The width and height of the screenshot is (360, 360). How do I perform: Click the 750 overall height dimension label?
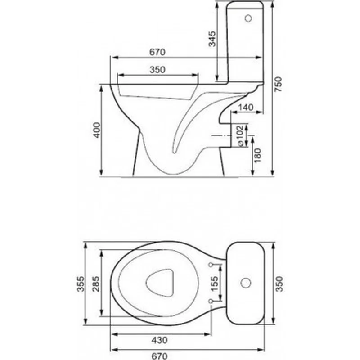click(x=278, y=84)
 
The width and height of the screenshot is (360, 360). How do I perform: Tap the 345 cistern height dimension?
click(x=212, y=39)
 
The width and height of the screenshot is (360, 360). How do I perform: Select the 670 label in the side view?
click(x=157, y=52)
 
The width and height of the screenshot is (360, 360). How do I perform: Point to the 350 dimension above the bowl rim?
click(x=157, y=70)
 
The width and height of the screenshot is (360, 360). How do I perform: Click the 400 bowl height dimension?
click(x=96, y=130)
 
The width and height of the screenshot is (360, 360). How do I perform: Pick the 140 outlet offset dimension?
click(x=246, y=107)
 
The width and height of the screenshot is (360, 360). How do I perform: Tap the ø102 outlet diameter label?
click(x=240, y=136)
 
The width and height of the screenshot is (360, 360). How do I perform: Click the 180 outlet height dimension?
click(x=257, y=155)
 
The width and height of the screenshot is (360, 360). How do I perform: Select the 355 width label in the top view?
click(x=81, y=284)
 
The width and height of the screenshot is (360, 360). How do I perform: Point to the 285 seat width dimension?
click(x=96, y=284)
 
